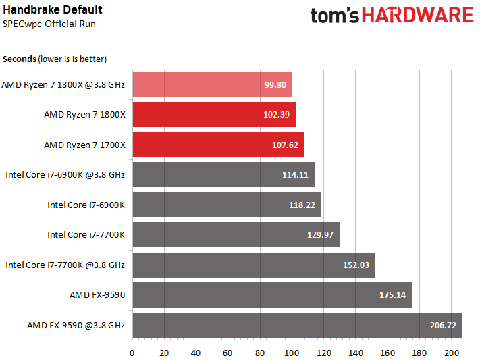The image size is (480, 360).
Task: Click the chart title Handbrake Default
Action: pyautogui.click(x=53, y=10)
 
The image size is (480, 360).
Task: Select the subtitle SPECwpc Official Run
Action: pyautogui.click(x=49, y=24)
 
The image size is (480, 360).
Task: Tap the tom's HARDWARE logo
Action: pyautogui.click(x=392, y=16)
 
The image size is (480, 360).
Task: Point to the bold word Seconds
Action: pyautogui.click(x=20, y=59)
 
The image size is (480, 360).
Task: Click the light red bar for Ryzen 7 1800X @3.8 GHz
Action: pyautogui.click(x=212, y=84)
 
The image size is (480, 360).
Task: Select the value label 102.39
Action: pyautogui.click(x=276, y=115)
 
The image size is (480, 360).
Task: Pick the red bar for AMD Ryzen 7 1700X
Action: pyautogui.click(x=218, y=145)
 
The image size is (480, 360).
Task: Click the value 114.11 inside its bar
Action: pyautogui.click(x=295, y=175)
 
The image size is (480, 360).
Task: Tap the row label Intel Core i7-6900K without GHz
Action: pyautogui.click(x=86, y=205)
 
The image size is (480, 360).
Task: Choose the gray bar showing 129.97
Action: pyautogui.click(x=236, y=234)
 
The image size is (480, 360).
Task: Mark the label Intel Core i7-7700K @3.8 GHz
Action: pyautogui.click(x=65, y=265)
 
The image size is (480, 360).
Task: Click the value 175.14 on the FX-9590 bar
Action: pyautogui.click(x=392, y=295)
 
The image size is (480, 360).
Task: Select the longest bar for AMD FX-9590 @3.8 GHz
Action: pyautogui.click(x=298, y=325)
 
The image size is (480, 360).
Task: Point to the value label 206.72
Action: pyautogui.click(x=443, y=325)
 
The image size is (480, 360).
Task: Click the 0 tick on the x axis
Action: pyautogui.click(x=132, y=353)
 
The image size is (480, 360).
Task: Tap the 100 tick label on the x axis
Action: pyautogui.click(x=292, y=353)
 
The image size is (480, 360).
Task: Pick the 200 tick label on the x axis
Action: pyautogui.click(x=451, y=353)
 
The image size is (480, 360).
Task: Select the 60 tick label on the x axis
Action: pyautogui.click(x=228, y=353)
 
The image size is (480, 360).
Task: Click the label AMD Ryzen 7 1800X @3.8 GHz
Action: pyautogui.click(x=63, y=84)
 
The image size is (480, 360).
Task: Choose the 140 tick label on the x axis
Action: pyautogui.click(x=355, y=353)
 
